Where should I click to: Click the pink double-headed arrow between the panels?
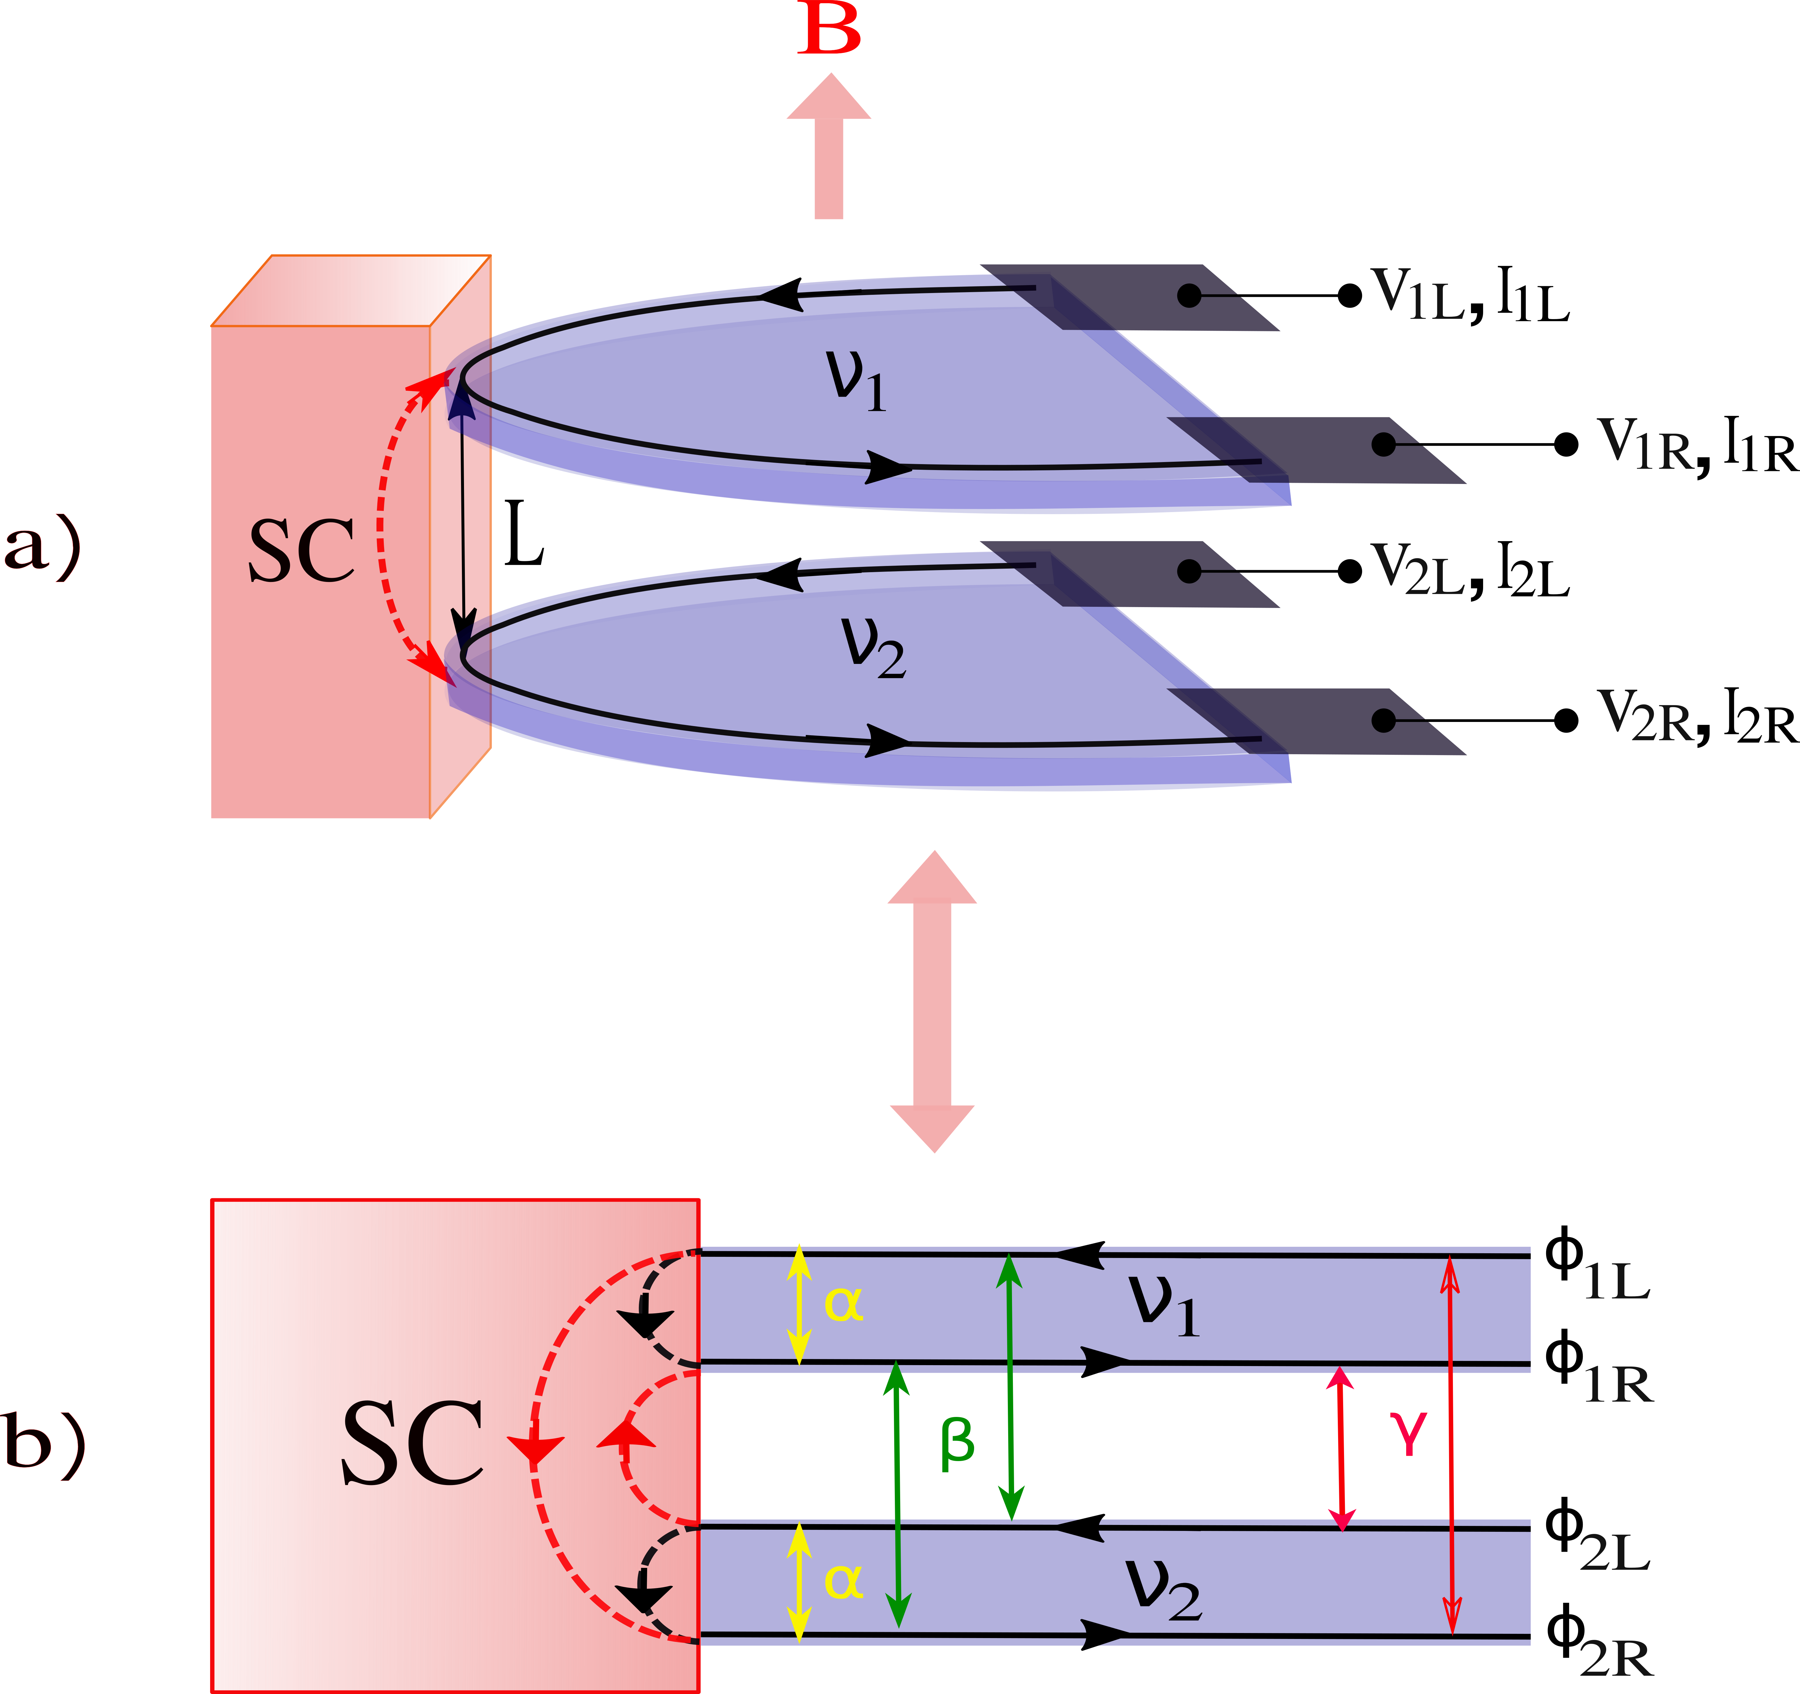click(933, 1001)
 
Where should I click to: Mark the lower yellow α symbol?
click(843, 1581)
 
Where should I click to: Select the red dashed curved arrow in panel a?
click(382, 525)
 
